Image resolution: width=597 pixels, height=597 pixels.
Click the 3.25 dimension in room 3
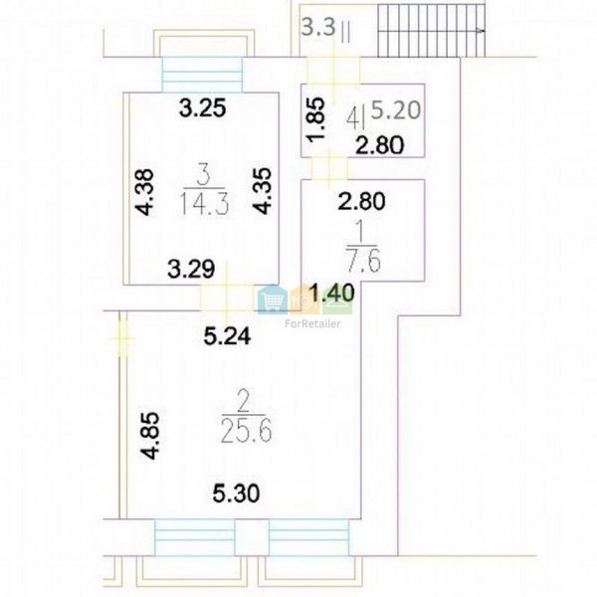coord(203,108)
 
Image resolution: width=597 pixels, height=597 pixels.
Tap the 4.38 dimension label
coord(146,192)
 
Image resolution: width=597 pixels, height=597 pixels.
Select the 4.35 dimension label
coord(263,191)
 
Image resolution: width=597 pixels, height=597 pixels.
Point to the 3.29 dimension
coord(191,269)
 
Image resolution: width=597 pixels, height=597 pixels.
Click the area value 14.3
coord(204,203)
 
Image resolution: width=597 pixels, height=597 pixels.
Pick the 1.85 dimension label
coord(316,119)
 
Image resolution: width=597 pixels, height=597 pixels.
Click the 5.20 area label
coord(396,110)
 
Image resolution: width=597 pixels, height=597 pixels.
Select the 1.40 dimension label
coord(332,294)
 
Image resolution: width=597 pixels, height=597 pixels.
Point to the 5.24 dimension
coord(227,336)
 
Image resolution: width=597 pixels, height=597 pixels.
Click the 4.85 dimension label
coord(149,436)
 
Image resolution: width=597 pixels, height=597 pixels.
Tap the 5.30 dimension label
coord(236,494)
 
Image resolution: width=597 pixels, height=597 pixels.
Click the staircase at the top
coord(432,31)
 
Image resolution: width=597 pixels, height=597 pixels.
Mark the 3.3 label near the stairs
coord(319,28)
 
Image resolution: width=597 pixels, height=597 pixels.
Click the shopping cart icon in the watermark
coord(273,299)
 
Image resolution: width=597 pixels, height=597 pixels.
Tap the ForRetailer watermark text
coord(312,324)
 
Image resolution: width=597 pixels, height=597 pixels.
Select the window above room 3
coord(203,75)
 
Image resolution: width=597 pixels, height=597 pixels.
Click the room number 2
coord(243,404)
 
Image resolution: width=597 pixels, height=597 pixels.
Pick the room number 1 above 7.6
coord(361,235)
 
